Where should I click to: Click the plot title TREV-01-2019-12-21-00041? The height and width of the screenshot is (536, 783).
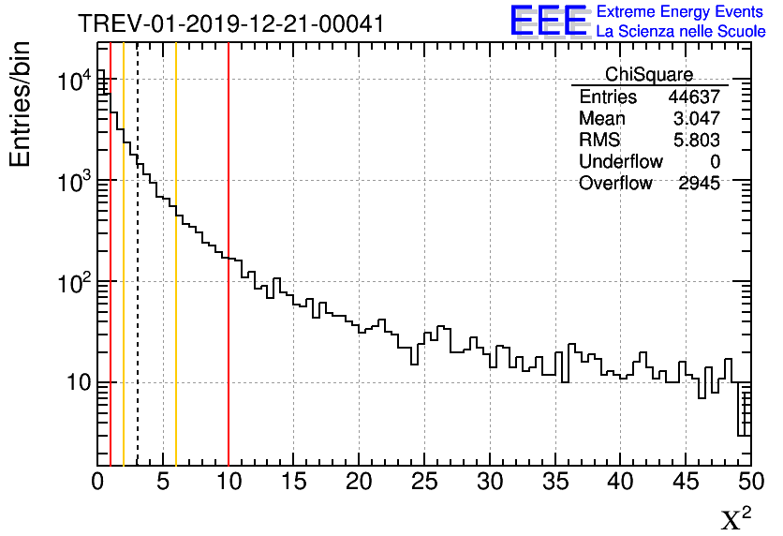click(230, 23)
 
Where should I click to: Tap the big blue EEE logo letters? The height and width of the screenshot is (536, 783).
click(548, 22)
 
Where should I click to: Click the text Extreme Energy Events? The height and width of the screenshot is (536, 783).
click(681, 12)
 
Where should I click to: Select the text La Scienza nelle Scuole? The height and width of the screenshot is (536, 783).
click(681, 32)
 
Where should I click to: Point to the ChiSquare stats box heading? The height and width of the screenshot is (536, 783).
click(649, 74)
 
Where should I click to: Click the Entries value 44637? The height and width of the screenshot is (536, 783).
click(693, 97)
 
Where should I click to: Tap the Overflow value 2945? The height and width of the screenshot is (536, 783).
click(699, 184)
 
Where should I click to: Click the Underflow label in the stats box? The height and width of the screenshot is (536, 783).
click(620, 162)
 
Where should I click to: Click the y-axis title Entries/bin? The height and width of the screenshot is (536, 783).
click(21, 104)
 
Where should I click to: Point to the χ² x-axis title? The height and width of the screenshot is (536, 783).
click(735, 518)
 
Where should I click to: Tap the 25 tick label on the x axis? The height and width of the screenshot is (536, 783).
click(425, 482)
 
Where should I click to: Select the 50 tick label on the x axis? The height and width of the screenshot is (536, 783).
click(747, 482)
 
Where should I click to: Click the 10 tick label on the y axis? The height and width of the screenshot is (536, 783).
click(72, 382)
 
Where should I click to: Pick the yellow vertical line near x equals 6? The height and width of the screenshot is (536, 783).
click(175, 328)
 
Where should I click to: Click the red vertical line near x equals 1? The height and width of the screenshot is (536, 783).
click(111, 328)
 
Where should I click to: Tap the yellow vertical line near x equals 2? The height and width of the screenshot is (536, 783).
click(124, 328)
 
